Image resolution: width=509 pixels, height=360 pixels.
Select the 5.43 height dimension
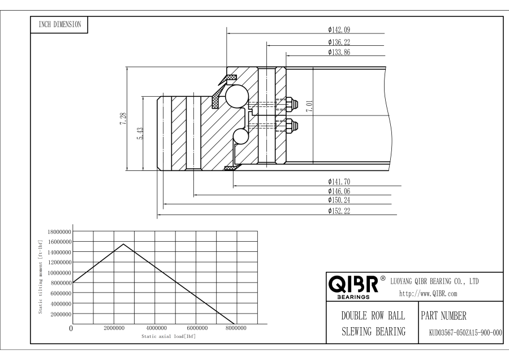click(140, 134)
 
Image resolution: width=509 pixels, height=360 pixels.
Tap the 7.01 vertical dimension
click(309, 107)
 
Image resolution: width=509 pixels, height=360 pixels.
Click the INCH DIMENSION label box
click(59, 24)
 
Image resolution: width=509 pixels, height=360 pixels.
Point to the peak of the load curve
click(124, 244)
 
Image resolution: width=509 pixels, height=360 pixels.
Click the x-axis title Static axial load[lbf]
click(169, 336)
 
